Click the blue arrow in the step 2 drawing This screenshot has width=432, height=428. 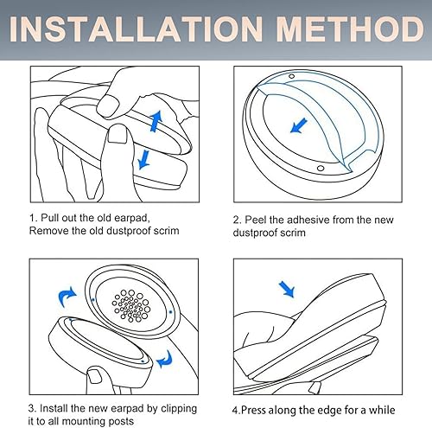click(300, 127)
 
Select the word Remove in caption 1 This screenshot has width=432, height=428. click(50, 231)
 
